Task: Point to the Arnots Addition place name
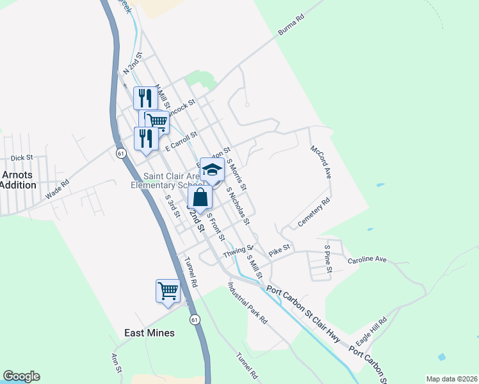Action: [17, 179]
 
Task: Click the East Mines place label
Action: [149, 333]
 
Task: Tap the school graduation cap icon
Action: [212, 170]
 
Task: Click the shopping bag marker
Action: [200, 198]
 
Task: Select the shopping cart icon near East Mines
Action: [168, 291]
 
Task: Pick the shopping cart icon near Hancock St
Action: [156, 120]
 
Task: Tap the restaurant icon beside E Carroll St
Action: [145, 138]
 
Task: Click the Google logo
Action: [21, 376]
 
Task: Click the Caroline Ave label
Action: [368, 260]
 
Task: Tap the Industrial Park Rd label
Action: [247, 303]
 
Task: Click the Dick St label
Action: [21, 157]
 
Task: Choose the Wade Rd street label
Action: [57, 191]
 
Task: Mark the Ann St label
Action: [116, 362]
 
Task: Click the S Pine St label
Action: [327, 257]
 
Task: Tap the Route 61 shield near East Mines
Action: [195, 319]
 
